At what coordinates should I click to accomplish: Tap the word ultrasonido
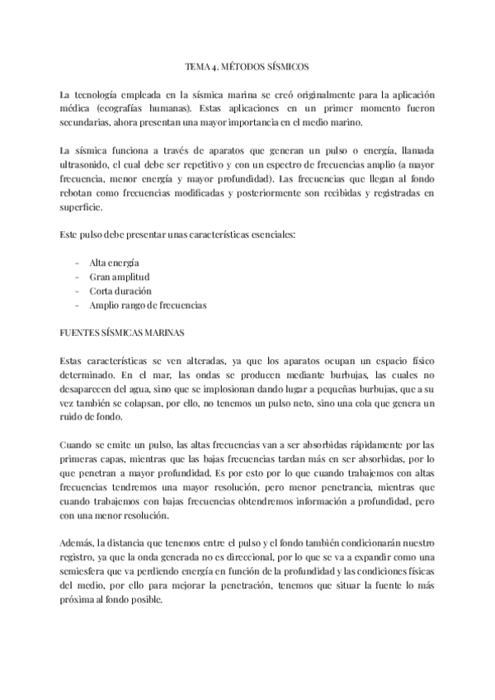pos(87,165)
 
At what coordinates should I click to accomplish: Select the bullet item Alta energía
pos(114,262)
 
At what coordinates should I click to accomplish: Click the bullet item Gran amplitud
pos(119,277)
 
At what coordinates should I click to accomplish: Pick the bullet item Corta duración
pos(121,291)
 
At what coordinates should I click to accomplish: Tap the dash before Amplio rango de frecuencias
pos(77,305)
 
